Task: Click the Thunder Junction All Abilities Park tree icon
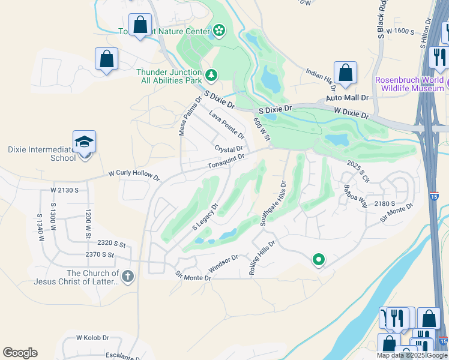pos(211,75)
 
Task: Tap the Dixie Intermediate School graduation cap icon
pos(84,142)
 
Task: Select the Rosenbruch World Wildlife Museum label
pos(409,84)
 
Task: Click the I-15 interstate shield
pos(433,196)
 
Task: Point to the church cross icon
pos(127,277)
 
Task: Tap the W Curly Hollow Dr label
pos(134,176)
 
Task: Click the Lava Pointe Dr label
pos(226,124)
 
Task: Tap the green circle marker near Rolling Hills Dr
pos(319,260)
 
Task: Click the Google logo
pos(20,353)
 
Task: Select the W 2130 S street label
pos(65,190)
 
